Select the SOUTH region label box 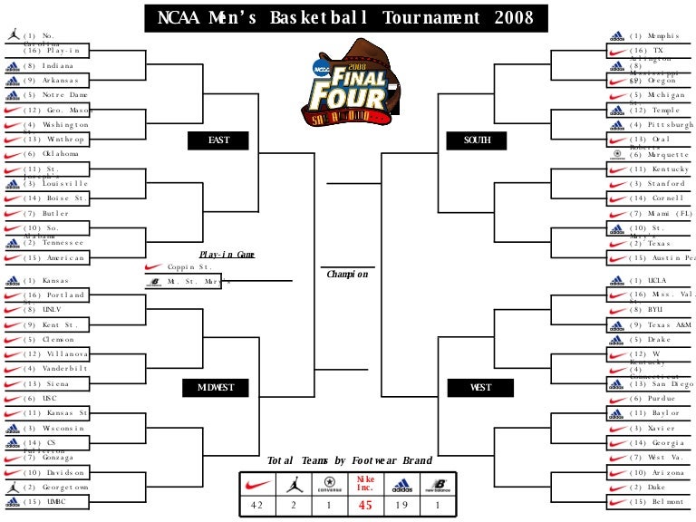point(477,140)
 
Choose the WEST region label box point(480,388)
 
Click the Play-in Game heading point(227,255)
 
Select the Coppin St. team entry point(190,267)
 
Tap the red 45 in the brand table point(366,506)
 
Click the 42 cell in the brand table point(257,506)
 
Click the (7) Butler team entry point(55,214)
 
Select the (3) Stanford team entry point(652,184)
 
